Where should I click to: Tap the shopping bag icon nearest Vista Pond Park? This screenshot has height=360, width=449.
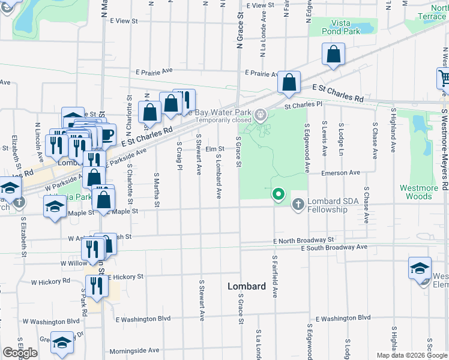pyautogui.click(x=333, y=55)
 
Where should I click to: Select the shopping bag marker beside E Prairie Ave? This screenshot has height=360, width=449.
pyautogui.click(x=289, y=83)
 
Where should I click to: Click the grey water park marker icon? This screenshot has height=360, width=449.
pyautogui.click(x=261, y=114)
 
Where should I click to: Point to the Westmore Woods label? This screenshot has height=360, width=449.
pyautogui.click(x=419, y=192)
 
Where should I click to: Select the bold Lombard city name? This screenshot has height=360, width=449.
pyautogui.click(x=247, y=287)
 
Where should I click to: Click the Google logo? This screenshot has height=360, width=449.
pyautogui.click(x=20, y=353)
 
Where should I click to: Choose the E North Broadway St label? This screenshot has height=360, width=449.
pyautogui.click(x=303, y=239)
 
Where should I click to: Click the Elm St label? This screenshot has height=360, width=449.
pyautogui.click(x=214, y=149)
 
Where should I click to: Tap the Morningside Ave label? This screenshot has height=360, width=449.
pyautogui.click(x=134, y=350)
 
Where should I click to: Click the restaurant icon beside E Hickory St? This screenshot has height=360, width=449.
pyautogui.click(x=97, y=286)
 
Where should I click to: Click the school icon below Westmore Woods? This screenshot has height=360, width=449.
pyautogui.click(x=420, y=268)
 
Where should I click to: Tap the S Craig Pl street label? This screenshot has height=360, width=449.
pyautogui.click(x=179, y=155)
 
